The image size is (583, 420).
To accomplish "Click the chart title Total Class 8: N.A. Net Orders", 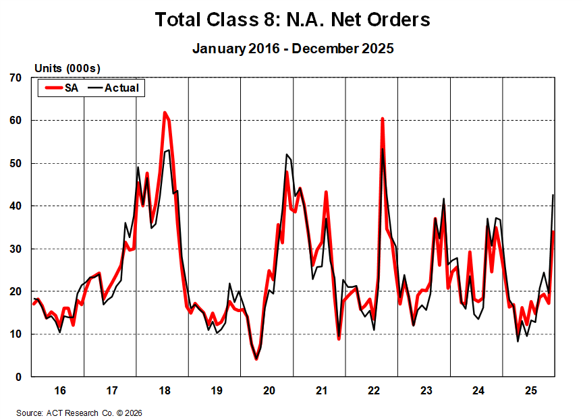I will click(x=292, y=20).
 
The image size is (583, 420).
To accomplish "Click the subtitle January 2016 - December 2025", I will click(x=292, y=49).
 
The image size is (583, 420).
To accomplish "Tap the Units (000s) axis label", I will click(x=67, y=68).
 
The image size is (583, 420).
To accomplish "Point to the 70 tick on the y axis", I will click(x=16, y=78).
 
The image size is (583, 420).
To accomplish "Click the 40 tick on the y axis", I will click(x=16, y=206).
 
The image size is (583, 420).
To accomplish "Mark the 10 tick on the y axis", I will click(x=16, y=334).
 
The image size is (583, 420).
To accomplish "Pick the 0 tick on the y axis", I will click(x=20, y=377).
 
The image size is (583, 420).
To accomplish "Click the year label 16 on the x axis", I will click(x=59, y=390).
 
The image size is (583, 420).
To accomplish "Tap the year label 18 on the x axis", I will click(x=163, y=390).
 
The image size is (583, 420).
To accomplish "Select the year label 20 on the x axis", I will click(x=268, y=390).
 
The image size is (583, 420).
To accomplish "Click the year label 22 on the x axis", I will click(x=372, y=390).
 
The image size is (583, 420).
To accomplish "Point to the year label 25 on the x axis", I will click(x=530, y=390).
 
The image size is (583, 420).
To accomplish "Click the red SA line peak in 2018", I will click(x=165, y=113).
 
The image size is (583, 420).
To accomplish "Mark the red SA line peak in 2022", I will click(x=383, y=119).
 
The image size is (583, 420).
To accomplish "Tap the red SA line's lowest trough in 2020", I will click(x=256, y=359).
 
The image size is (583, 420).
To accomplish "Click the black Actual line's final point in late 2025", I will click(x=554, y=195).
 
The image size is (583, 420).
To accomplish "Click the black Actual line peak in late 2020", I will click(x=287, y=155).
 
